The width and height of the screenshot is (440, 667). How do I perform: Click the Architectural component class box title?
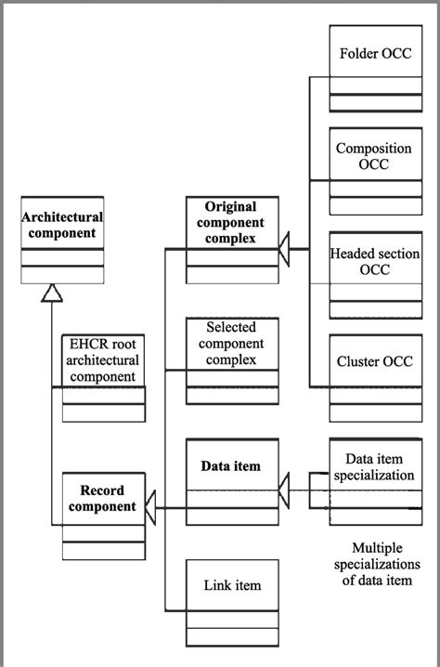[62, 225]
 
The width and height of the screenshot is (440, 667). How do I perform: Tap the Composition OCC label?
[374, 156]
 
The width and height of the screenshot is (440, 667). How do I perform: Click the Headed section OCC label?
[374, 261]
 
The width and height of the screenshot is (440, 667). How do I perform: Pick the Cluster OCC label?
[374, 361]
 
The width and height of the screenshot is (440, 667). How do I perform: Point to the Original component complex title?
[231, 222]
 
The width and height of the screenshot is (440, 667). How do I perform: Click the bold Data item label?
[231, 465]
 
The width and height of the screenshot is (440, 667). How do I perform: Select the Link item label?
[231, 585]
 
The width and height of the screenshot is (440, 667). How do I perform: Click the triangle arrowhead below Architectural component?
[52, 293]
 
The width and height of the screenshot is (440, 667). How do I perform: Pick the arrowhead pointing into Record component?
[153, 507]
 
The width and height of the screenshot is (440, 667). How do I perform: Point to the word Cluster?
[358, 361]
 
